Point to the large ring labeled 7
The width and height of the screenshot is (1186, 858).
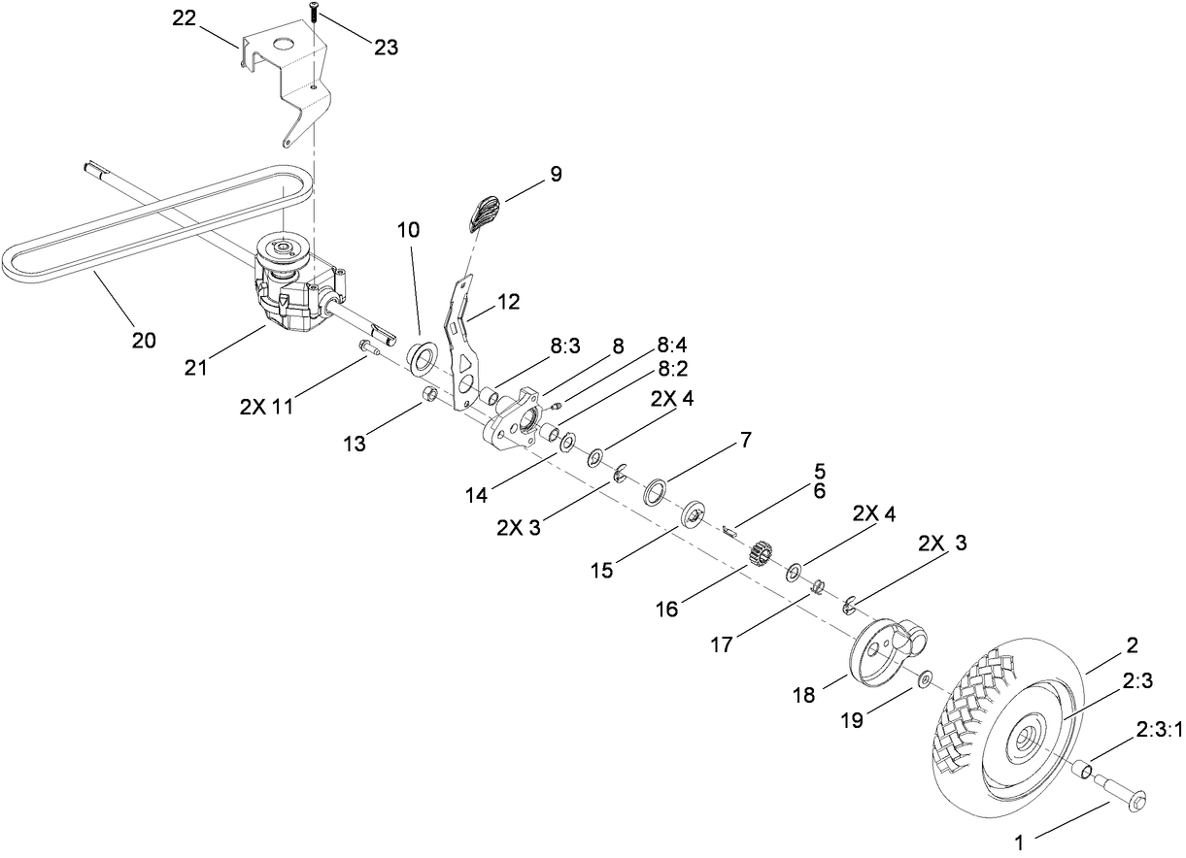pyautogui.click(x=656, y=491)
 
